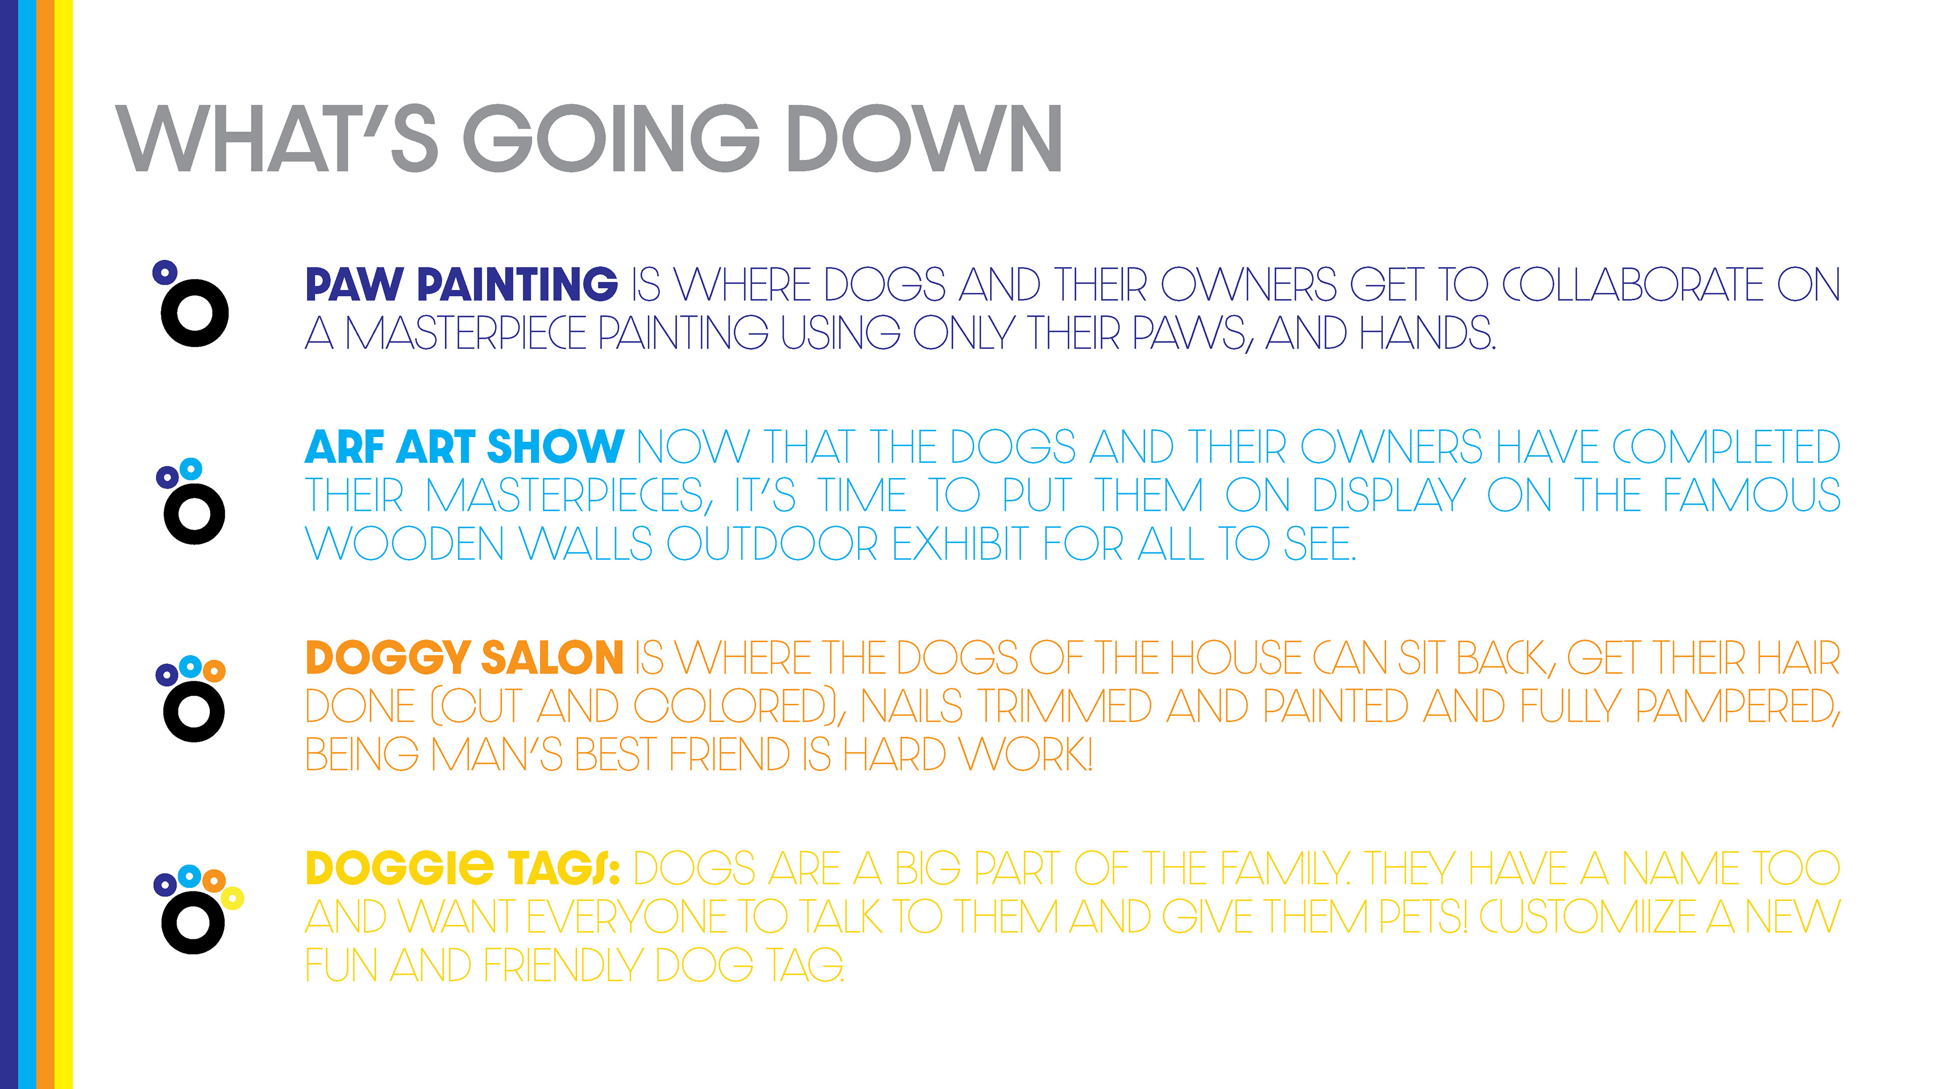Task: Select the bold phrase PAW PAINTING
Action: tap(461, 284)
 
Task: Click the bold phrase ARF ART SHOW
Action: tap(464, 447)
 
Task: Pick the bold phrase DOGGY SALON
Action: tap(464, 657)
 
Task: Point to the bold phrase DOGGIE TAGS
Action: tap(463, 868)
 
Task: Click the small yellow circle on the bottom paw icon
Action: tap(232, 897)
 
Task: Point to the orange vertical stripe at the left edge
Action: tap(45, 544)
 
